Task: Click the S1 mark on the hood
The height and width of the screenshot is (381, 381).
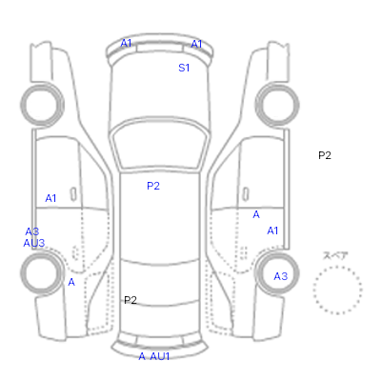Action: point(184,68)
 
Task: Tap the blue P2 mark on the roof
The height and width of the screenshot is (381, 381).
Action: point(153,186)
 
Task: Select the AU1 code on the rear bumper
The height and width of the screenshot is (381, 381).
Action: point(160,356)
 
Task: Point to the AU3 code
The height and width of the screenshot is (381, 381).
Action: point(34,243)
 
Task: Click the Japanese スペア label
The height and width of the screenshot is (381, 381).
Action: point(335,255)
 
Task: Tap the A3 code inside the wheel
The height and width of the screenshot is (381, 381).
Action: point(281,276)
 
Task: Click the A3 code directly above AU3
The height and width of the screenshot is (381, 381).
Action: point(32,231)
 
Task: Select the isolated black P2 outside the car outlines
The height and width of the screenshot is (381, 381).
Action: point(325,155)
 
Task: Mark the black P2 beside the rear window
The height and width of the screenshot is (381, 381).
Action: point(130,300)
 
